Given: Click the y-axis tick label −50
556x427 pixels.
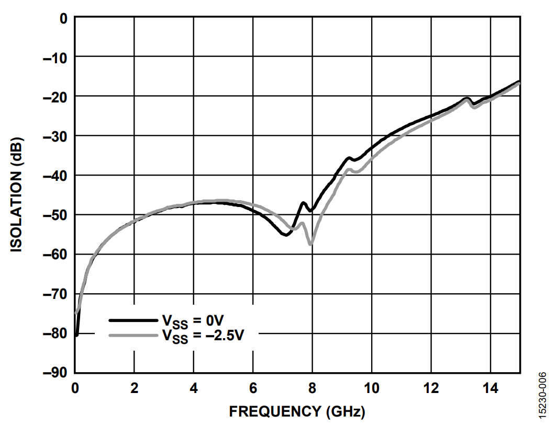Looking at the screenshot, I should tap(55, 215).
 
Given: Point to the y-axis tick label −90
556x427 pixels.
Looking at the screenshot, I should tap(55, 373).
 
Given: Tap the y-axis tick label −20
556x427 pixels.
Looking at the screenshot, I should tap(55, 96).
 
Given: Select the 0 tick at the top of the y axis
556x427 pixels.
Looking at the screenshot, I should tap(64, 18).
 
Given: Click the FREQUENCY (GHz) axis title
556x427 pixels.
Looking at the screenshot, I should tap(297, 412).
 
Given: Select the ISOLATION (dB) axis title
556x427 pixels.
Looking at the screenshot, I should tap(17, 195).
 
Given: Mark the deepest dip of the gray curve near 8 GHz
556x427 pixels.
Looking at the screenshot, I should tap(311, 244).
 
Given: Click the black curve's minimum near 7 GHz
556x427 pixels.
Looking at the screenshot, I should tap(285, 235).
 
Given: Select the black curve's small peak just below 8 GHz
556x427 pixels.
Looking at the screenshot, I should tap(304, 203).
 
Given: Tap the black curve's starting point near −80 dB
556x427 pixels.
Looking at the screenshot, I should tap(76, 335).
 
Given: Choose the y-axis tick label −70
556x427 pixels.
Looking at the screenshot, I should tap(55, 294).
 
